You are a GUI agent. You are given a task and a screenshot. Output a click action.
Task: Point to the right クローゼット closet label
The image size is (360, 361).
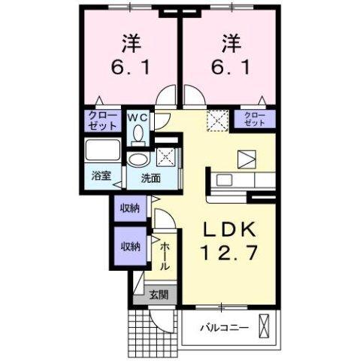[256, 118]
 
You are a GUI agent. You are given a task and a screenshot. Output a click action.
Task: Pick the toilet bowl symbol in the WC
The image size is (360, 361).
[138, 134]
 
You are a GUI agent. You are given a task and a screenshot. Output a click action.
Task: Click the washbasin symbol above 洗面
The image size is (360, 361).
[138, 160]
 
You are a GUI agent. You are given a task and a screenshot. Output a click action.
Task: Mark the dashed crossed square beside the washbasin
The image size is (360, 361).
[166, 157]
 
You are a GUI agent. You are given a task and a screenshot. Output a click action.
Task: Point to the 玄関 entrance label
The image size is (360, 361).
[157, 294]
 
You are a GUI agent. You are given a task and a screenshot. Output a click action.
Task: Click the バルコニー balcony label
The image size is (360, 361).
[224, 327]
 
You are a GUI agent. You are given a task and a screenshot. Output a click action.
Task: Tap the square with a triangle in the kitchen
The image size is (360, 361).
[246, 159]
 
